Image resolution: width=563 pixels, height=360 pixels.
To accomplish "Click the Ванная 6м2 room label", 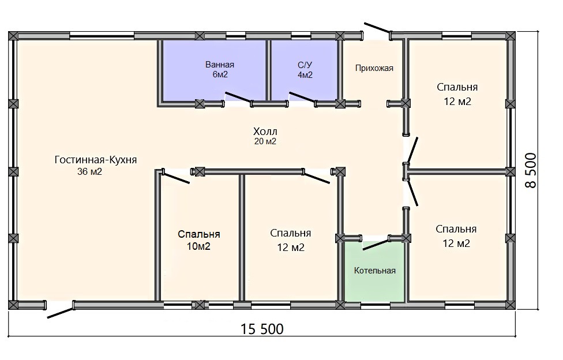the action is click(x=219, y=69).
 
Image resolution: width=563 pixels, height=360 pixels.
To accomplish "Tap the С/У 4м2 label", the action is click(x=305, y=70).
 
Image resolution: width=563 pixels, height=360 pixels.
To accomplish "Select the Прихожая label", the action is click(x=374, y=68).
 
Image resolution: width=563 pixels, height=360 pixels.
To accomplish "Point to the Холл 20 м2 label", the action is click(x=265, y=136).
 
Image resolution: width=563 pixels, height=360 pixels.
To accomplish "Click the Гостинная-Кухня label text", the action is click(x=96, y=160).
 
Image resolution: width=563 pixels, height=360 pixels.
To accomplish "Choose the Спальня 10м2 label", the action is click(x=198, y=240).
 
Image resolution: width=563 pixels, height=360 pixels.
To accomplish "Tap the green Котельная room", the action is click(x=374, y=272).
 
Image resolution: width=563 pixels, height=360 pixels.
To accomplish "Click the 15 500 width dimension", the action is click(x=262, y=329).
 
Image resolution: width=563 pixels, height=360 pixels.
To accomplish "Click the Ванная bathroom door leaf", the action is click(x=238, y=97).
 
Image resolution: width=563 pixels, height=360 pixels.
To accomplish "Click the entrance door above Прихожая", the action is click(x=378, y=28).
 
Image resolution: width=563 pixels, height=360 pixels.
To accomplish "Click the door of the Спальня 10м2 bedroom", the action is click(x=176, y=178).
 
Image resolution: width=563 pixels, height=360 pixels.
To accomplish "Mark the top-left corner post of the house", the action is click(x=13, y=36).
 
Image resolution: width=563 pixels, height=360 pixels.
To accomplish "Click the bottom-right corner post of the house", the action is click(x=511, y=305).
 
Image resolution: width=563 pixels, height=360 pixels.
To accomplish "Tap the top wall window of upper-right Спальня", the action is click(x=456, y=35).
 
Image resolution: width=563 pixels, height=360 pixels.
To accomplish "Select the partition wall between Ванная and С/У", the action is click(x=268, y=70).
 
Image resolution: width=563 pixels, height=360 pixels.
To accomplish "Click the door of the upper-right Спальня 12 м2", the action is click(x=412, y=150).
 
